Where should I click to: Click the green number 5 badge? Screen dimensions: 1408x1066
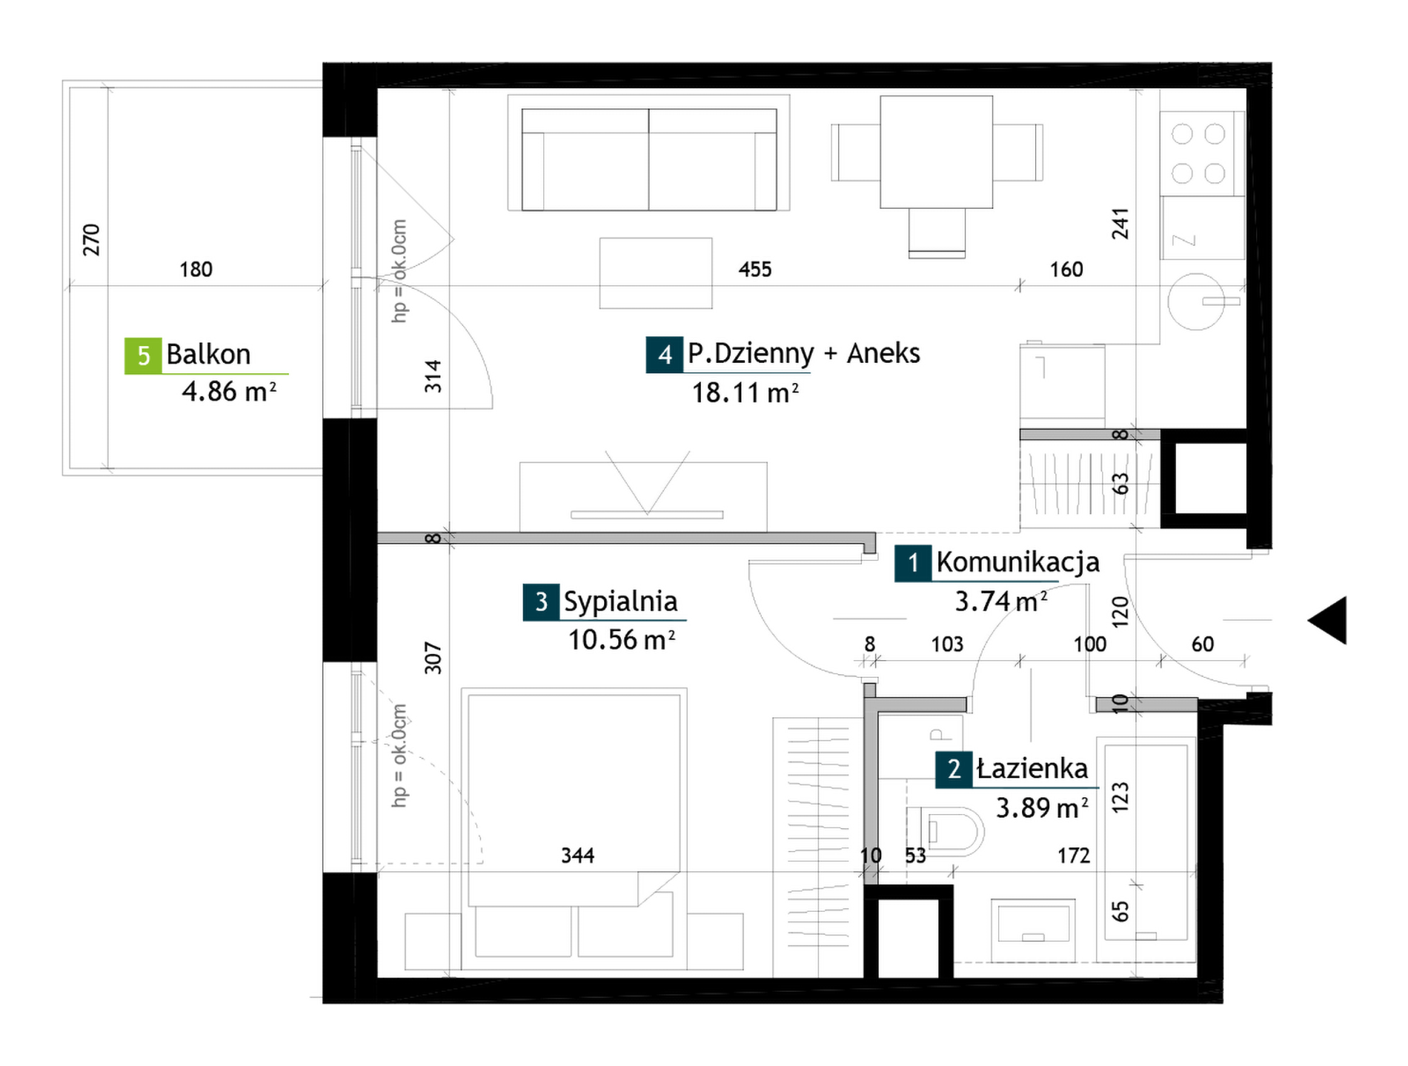click(143, 356)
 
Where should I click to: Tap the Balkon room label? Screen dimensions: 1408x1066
click(208, 354)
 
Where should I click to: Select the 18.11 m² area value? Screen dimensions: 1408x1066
click(745, 393)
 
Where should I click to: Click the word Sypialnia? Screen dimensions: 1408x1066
click(621, 602)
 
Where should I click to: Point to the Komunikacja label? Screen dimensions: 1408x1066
click(1017, 562)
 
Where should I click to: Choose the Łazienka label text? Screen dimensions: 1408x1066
click(1032, 768)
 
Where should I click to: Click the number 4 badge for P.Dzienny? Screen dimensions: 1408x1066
click(665, 354)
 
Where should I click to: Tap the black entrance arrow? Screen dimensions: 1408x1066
click(1327, 620)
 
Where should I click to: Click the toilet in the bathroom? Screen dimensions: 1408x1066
click(946, 830)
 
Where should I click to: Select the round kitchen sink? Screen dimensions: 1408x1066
click(1196, 301)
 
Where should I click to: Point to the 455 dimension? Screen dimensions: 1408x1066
click(755, 269)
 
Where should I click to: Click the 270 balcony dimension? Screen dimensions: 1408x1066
click(90, 240)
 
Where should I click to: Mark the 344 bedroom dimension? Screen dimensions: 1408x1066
click(577, 856)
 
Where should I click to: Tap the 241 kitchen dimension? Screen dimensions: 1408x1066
click(1120, 224)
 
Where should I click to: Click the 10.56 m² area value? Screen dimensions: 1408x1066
click(621, 639)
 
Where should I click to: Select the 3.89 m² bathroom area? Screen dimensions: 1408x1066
click(1042, 807)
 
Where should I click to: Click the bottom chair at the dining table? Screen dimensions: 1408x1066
click(937, 233)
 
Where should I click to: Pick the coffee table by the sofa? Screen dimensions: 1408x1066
click(656, 273)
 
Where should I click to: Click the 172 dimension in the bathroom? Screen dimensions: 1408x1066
click(1074, 856)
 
